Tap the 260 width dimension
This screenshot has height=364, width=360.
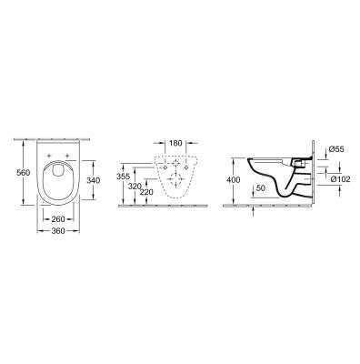(x=60, y=219)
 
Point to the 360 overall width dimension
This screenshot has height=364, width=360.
(x=60, y=231)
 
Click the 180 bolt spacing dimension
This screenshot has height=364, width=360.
(x=175, y=143)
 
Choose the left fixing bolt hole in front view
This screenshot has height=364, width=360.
(x=164, y=165)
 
